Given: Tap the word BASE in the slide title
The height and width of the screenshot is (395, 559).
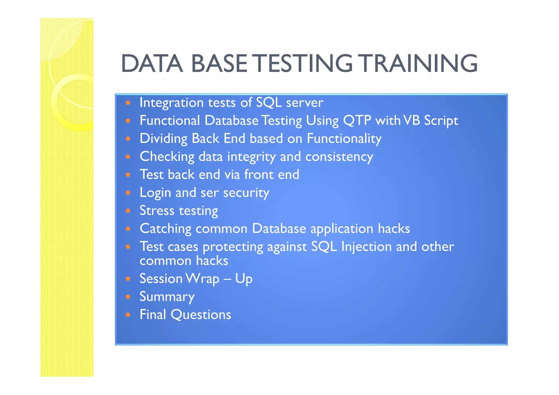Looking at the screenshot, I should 219,64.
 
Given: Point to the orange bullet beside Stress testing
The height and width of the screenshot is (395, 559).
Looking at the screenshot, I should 128,211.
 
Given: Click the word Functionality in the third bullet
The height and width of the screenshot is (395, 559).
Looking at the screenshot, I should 344,138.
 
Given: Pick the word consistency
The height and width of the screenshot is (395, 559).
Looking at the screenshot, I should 339,157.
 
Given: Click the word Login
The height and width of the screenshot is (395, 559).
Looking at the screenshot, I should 155,193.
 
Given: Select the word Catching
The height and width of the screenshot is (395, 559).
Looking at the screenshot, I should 165,229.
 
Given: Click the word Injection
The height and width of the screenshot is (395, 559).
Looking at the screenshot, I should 366,247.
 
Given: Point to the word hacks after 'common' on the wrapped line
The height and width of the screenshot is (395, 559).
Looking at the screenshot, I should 212,261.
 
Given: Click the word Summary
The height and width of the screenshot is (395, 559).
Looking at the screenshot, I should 167,297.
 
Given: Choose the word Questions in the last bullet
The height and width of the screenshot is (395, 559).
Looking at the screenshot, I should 201,315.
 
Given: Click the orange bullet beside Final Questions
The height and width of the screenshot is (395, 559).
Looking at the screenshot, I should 128,315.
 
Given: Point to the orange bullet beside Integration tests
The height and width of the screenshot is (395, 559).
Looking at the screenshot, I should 128,103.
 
